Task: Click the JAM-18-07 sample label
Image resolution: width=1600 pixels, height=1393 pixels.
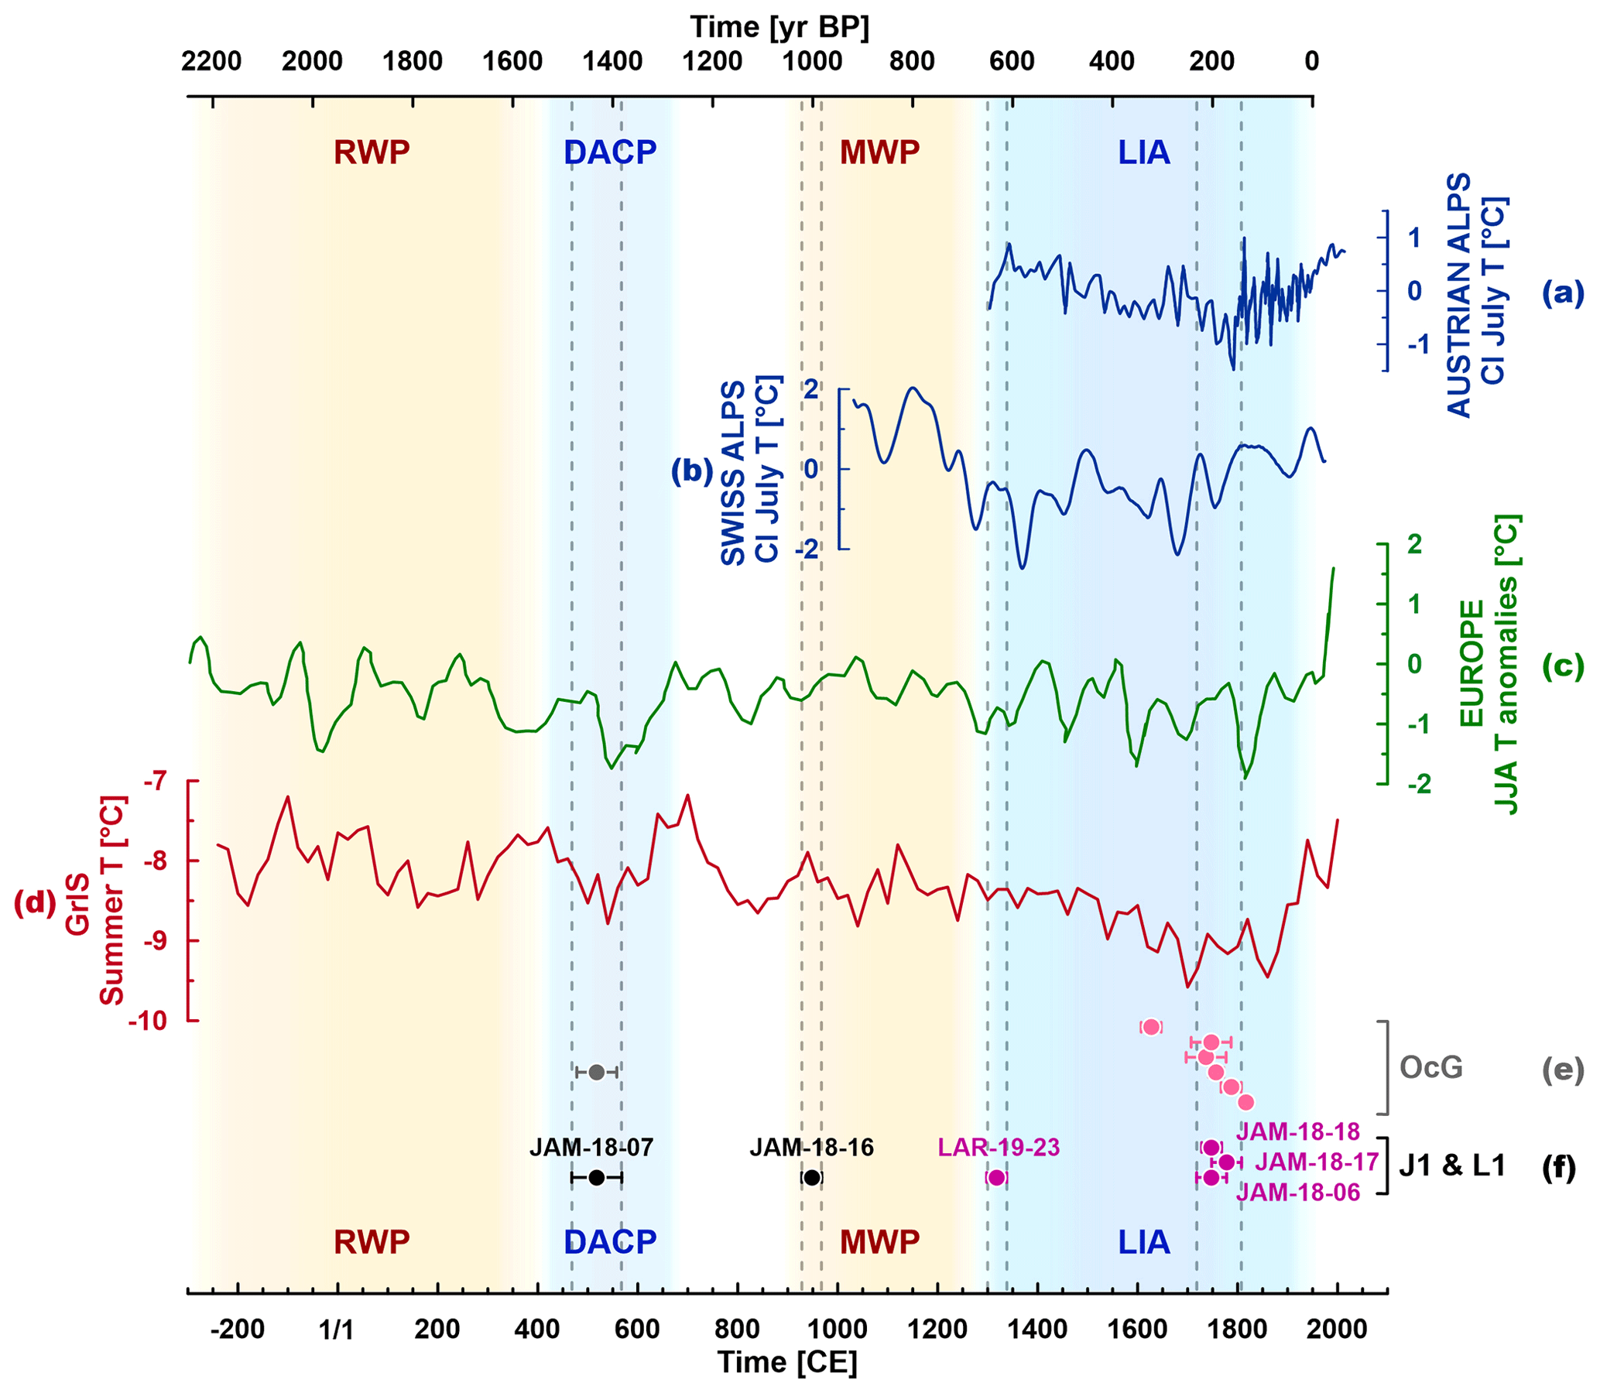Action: click(x=591, y=1147)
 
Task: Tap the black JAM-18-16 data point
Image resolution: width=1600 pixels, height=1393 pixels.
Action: click(x=812, y=1178)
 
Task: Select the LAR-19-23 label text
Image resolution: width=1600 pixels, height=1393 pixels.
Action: click(x=999, y=1147)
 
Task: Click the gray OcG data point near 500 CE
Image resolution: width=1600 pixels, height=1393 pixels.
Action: click(x=596, y=1073)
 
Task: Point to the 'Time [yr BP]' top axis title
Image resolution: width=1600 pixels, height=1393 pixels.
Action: click(x=779, y=27)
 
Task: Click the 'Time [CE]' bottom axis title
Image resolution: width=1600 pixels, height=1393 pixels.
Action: click(x=786, y=1362)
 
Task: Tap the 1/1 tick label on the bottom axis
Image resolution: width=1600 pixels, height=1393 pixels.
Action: click(x=337, y=1330)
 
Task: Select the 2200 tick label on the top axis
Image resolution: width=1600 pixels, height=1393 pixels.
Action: click(x=211, y=60)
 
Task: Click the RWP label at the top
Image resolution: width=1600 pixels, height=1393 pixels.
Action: click(x=372, y=152)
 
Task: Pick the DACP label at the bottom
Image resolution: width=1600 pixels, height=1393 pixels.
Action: click(x=610, y=1242)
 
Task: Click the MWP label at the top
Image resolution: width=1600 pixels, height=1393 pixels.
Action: click(x=879, y=152)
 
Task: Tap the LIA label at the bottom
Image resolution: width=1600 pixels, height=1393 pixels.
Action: click(x=1143, y=1242)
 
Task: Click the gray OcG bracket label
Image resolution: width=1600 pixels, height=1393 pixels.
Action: click(x=1430, y=1068)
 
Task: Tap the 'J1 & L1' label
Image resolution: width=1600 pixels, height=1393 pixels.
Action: click(x=1452, y=1166)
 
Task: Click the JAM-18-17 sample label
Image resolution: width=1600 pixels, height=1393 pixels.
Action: click(x=1316, y=1162)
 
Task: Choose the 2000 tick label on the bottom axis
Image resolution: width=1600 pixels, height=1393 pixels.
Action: click(x=1336, y=1330)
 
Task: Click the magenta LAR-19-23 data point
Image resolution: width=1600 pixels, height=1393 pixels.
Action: click(x=997, y=1178)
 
